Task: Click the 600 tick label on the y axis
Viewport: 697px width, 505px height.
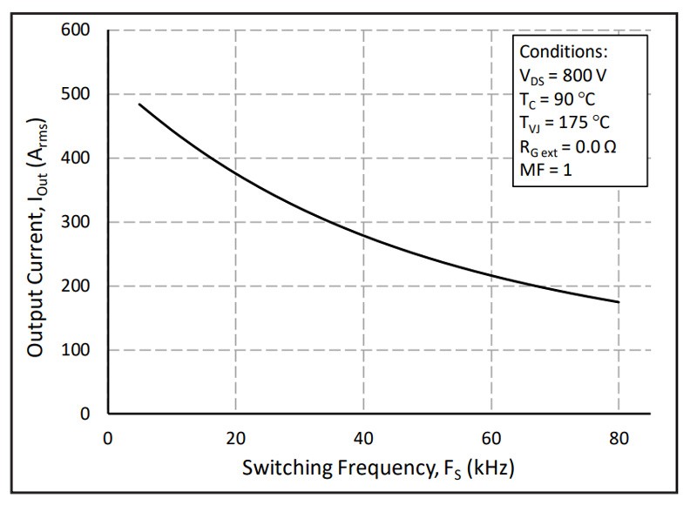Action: (x=78, y=30)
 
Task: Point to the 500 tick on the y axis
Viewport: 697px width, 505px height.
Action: (x=78, y=94)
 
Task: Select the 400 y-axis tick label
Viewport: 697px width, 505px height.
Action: (x=78, y=158)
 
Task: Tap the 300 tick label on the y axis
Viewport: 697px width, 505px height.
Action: (x=78, y=222)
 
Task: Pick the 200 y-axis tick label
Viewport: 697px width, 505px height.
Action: (x=78, y=286)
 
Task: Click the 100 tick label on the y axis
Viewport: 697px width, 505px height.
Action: (x=78, y=350)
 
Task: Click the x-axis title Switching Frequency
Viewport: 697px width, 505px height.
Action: (x=377, y=469)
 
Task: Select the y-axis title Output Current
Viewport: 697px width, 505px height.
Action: (x=37, y=222)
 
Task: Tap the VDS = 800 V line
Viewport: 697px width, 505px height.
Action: (x=563, y=75)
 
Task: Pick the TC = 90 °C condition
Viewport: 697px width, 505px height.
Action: (x=558, y=98)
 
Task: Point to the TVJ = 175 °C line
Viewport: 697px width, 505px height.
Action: (x=565, y=122)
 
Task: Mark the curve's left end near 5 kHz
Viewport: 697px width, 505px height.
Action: (x=139, y=104)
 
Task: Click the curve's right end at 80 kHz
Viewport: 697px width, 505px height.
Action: (x=619, y=302)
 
